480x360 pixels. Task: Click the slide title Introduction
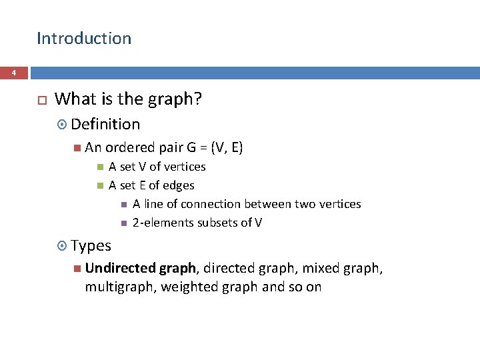pos(84,39)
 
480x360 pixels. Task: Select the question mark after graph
pos(198,99)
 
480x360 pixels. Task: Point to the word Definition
pos(105,124)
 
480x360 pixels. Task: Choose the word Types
pos(91,246)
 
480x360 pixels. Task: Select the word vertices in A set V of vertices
pos(184,167)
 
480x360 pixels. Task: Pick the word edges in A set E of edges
pos(179,185)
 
